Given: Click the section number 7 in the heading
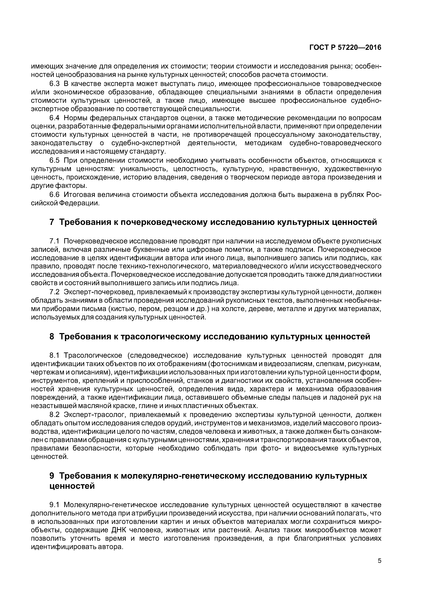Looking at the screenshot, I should coord(52,222).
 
